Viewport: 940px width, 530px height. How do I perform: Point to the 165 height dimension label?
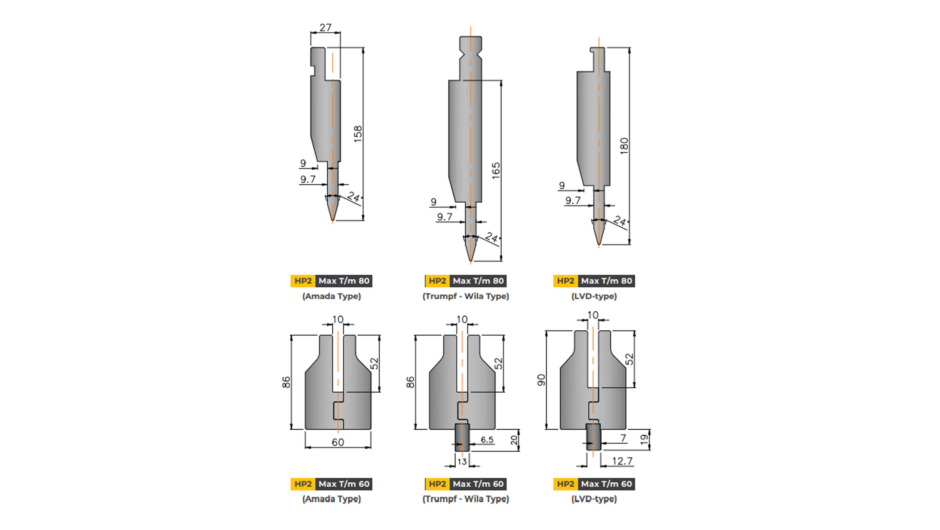[x=496, y=171]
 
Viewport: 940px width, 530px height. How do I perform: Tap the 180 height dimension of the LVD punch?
[x=624, y=146]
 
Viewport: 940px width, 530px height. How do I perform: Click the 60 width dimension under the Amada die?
[x=338, y=442]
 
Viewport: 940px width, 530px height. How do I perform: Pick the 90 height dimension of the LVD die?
[x=541, y=380]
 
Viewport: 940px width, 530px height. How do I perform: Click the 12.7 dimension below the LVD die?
[x=622, y=461]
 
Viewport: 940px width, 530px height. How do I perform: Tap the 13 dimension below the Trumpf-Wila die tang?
[x=462, y=462]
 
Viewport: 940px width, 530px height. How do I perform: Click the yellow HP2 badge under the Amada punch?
[x=303, y=281]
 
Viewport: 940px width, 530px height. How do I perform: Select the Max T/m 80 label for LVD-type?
[x=606, y=281]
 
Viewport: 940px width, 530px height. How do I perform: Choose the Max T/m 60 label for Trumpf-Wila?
[x=478, y=484]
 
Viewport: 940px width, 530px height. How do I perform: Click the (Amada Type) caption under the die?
[x=331, y=499]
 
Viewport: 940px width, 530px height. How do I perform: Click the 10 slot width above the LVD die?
[x=593, y=315]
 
